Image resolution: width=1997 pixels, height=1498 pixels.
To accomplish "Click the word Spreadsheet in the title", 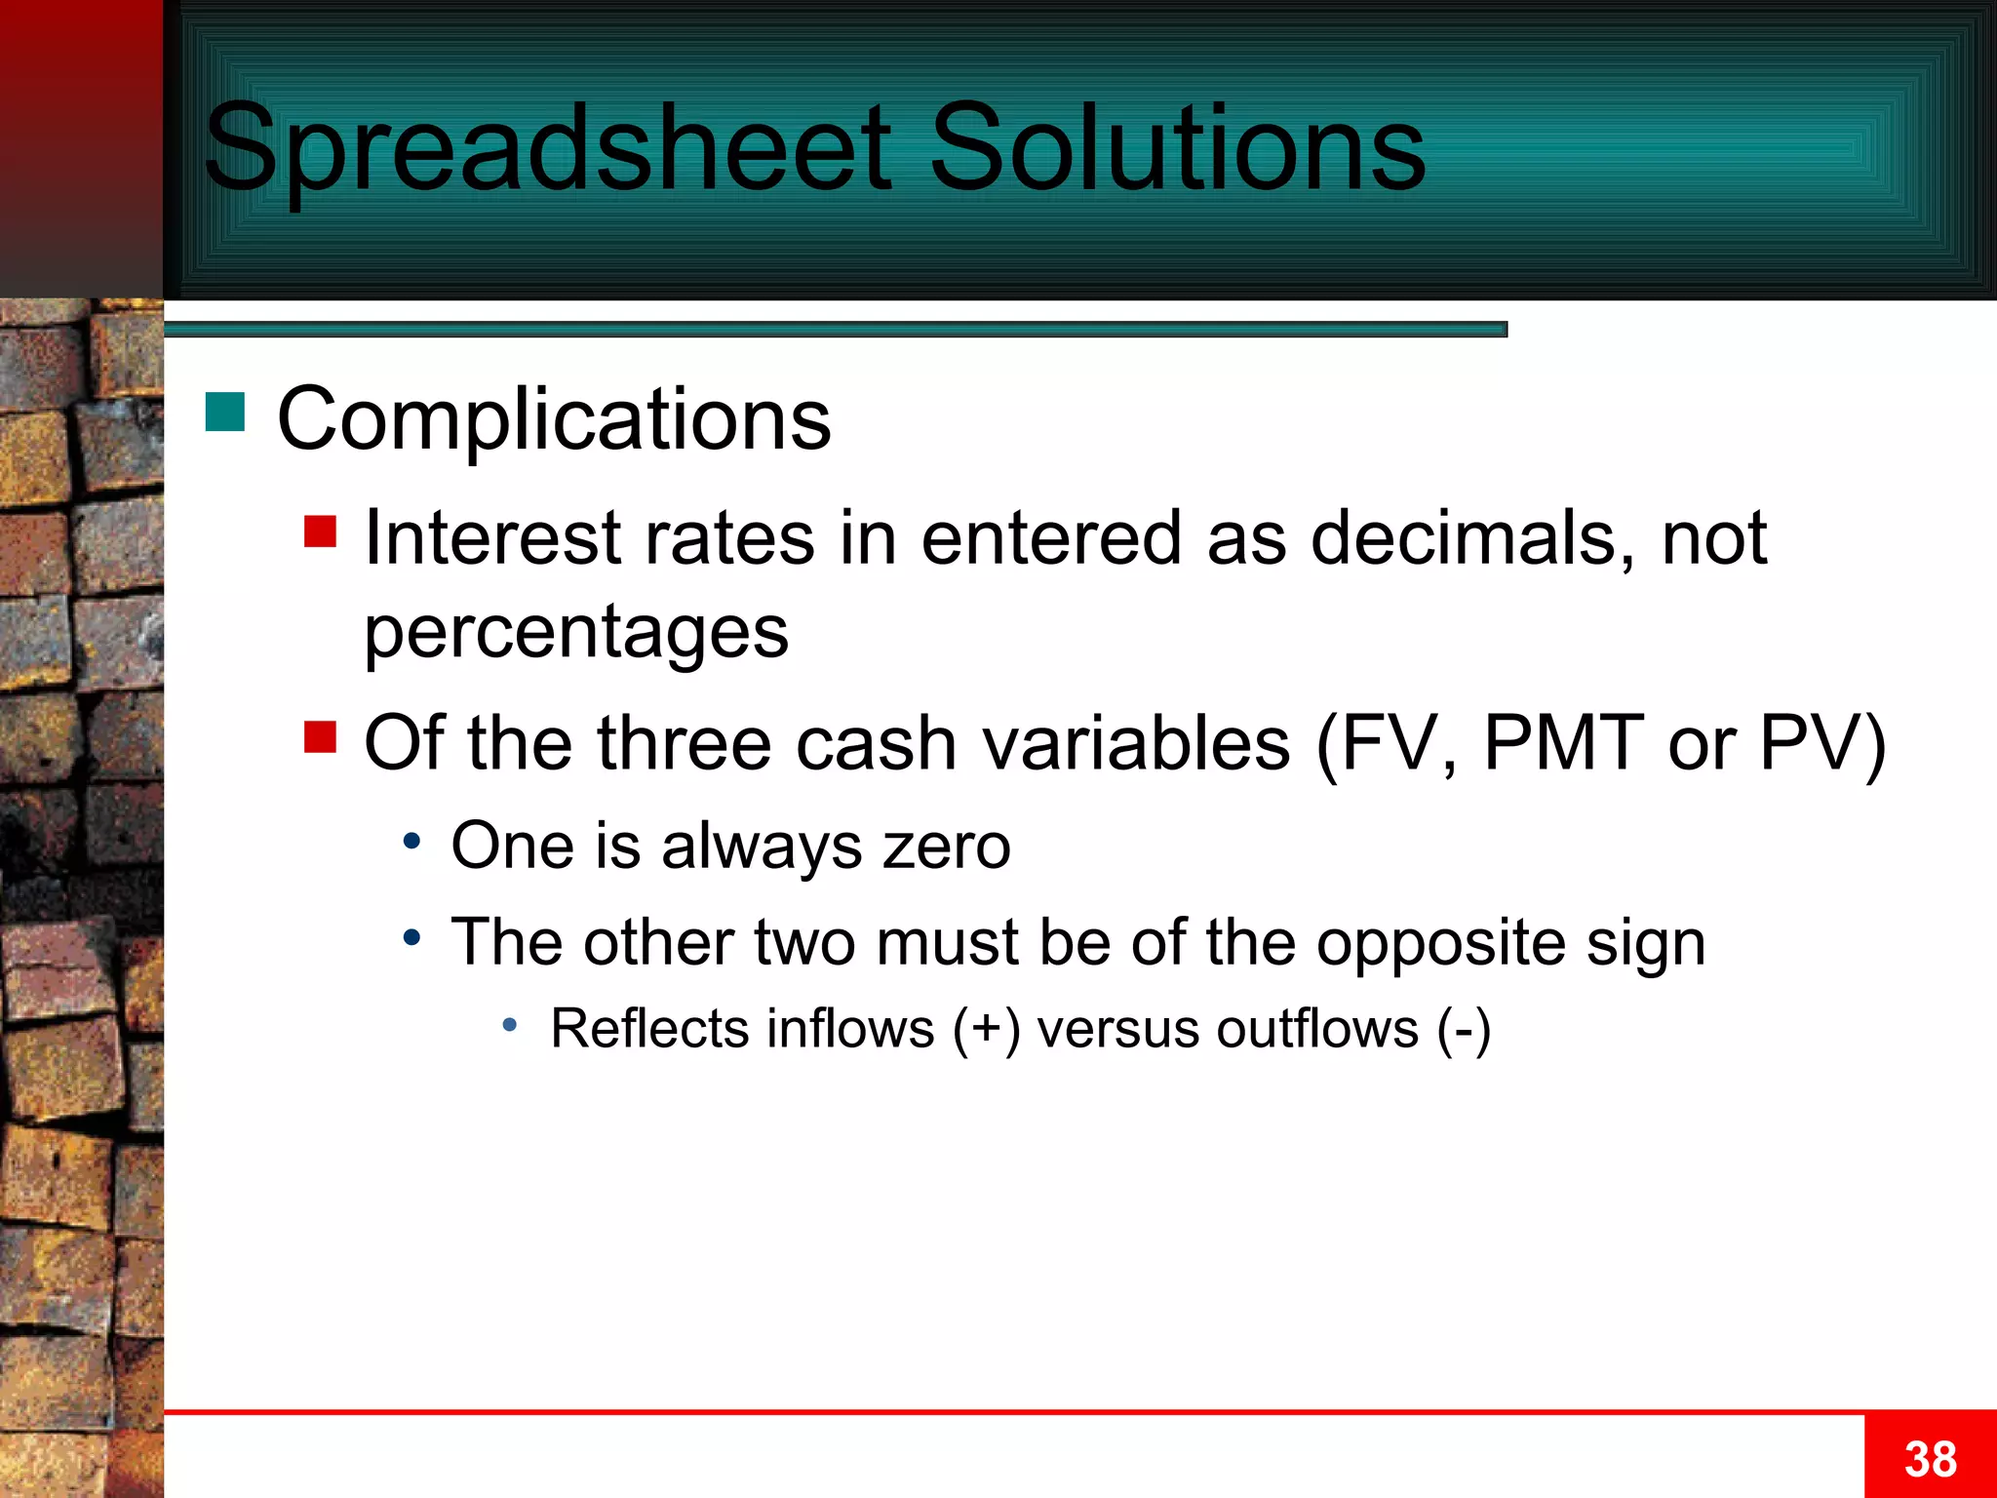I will click(x=546, y=148).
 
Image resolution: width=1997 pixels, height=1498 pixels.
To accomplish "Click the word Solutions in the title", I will click(x=1177, y=148).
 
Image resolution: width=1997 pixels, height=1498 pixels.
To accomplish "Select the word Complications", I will click(x=554, y=419).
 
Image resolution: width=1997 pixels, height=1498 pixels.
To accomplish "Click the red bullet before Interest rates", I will click(x=320, y=532).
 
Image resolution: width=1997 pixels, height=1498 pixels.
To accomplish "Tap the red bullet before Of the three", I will click(x=320, y=737).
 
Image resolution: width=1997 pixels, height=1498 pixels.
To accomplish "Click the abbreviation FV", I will click(x=1388, y=743).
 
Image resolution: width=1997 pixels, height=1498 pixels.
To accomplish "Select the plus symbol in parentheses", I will click(x=987, y=1030).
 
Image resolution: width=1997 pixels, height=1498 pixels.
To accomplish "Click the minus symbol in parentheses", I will click(x=1464, y=1030).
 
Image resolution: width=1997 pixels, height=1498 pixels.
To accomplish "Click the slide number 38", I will click(x=1930, y=1459).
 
